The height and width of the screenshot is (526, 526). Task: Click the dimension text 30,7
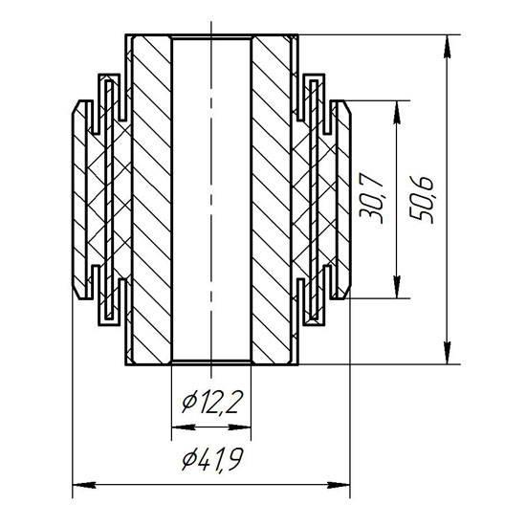371,199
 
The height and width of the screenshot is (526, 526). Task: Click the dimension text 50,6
422,199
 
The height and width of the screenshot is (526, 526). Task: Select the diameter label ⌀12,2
211,403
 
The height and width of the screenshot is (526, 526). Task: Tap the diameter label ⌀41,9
211,460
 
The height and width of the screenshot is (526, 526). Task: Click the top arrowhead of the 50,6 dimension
447,47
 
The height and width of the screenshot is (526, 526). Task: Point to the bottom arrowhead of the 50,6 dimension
447,352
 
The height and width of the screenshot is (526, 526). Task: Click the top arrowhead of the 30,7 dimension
397,113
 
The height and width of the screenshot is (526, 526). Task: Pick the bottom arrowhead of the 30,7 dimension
397,287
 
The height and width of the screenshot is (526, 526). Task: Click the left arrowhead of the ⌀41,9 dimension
84,485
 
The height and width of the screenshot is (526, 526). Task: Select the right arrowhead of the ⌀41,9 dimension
339,485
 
